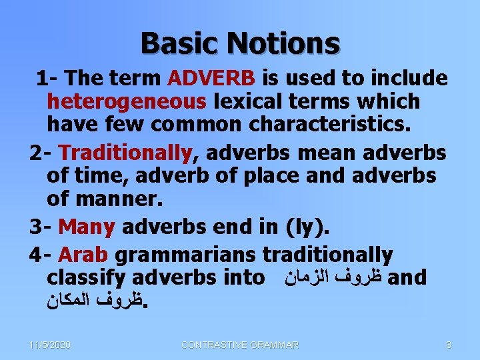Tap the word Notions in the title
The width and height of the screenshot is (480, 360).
283,43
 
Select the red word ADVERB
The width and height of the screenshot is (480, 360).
211,78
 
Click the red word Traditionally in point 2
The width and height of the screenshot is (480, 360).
126,153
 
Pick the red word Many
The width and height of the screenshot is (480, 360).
87,227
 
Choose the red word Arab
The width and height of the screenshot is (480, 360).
84,254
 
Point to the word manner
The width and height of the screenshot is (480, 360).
119,199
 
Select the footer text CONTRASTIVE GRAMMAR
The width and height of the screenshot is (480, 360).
240,345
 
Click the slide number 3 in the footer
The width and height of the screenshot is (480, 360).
449,345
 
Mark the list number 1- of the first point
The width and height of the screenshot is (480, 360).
46,78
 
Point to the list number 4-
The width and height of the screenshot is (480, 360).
41,254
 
